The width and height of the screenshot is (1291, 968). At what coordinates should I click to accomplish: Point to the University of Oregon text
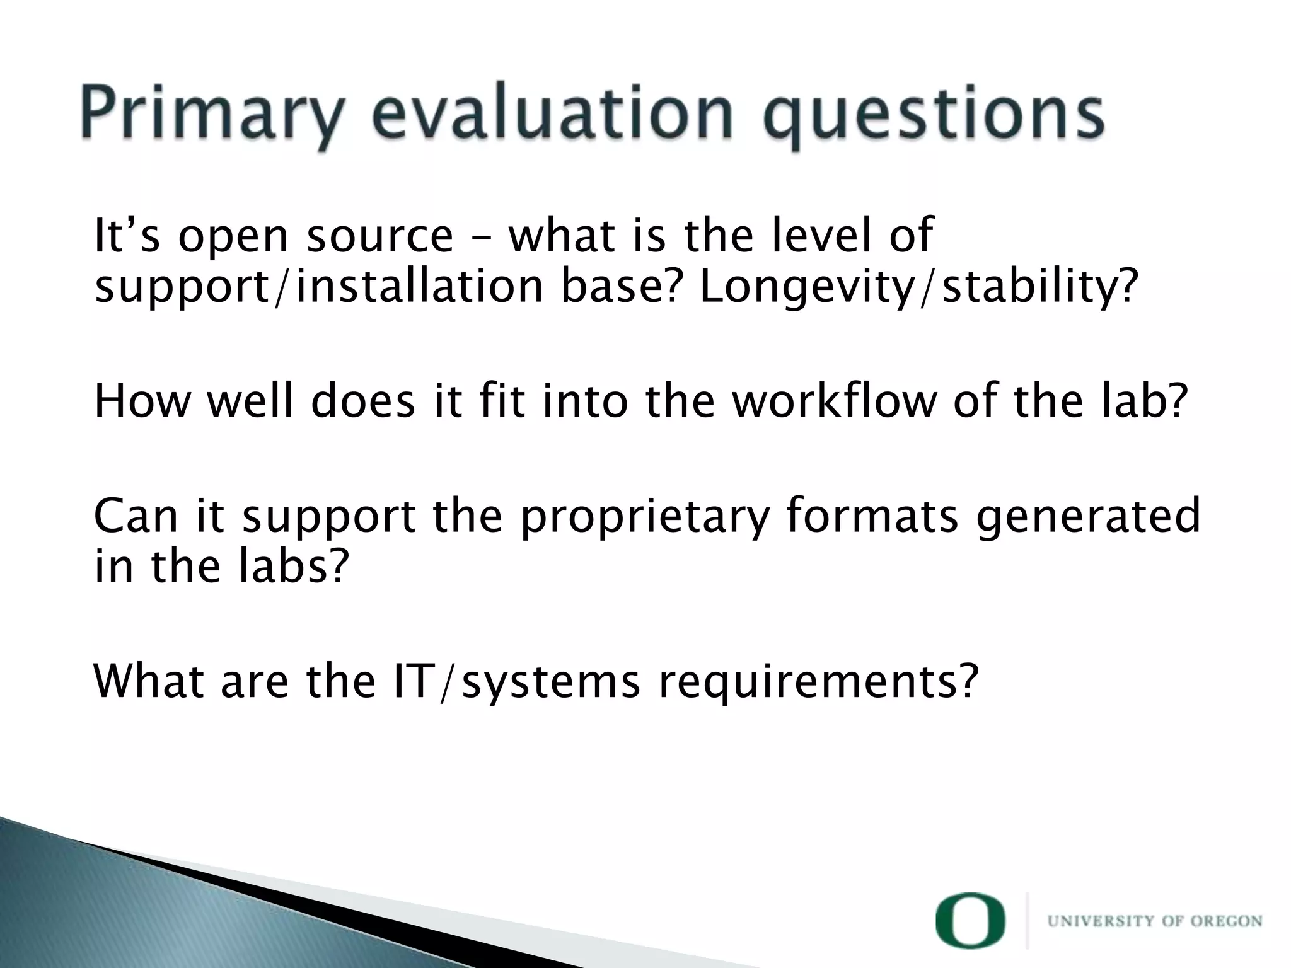coord(1154,921)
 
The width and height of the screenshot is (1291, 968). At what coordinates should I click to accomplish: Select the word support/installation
coord(318,287)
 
